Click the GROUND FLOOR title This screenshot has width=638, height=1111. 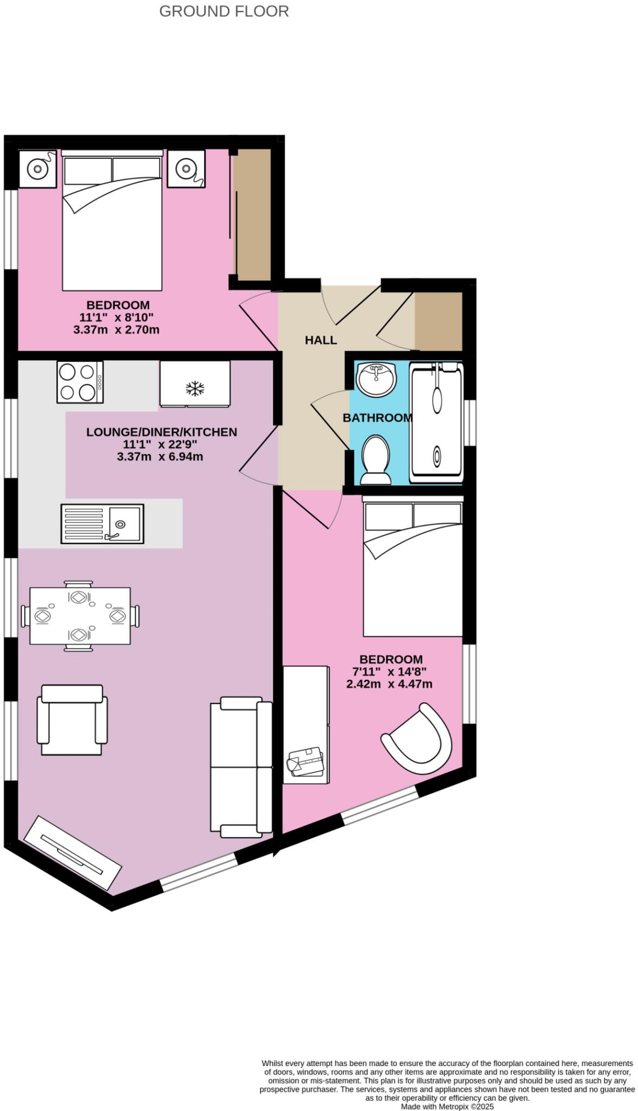[x=224, y=11]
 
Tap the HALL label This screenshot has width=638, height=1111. [x=321, y=340]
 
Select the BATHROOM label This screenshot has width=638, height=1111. [x=378, y=418]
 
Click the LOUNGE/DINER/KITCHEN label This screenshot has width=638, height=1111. [x=162, y=432]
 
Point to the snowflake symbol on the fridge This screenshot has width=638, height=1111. [x=195, y=388]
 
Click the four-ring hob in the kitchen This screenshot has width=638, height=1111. [x=80, y=382]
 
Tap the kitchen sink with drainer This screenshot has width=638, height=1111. [x=103, y=523]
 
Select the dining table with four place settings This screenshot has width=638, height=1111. [x=80, y=616]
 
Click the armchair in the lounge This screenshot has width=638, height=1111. [x=72, y=719]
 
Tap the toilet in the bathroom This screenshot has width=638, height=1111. [x=375, y=461]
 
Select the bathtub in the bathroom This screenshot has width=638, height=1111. [x=437, y=422]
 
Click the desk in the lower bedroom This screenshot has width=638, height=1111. [x=306, y=724]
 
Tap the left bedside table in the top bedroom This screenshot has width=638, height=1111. [x=38, y=169]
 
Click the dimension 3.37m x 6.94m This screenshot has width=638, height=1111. [x=160, y=457]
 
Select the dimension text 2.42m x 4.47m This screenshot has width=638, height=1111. [x=390, y=684]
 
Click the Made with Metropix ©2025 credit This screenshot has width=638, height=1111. [x=448, y=1107]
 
